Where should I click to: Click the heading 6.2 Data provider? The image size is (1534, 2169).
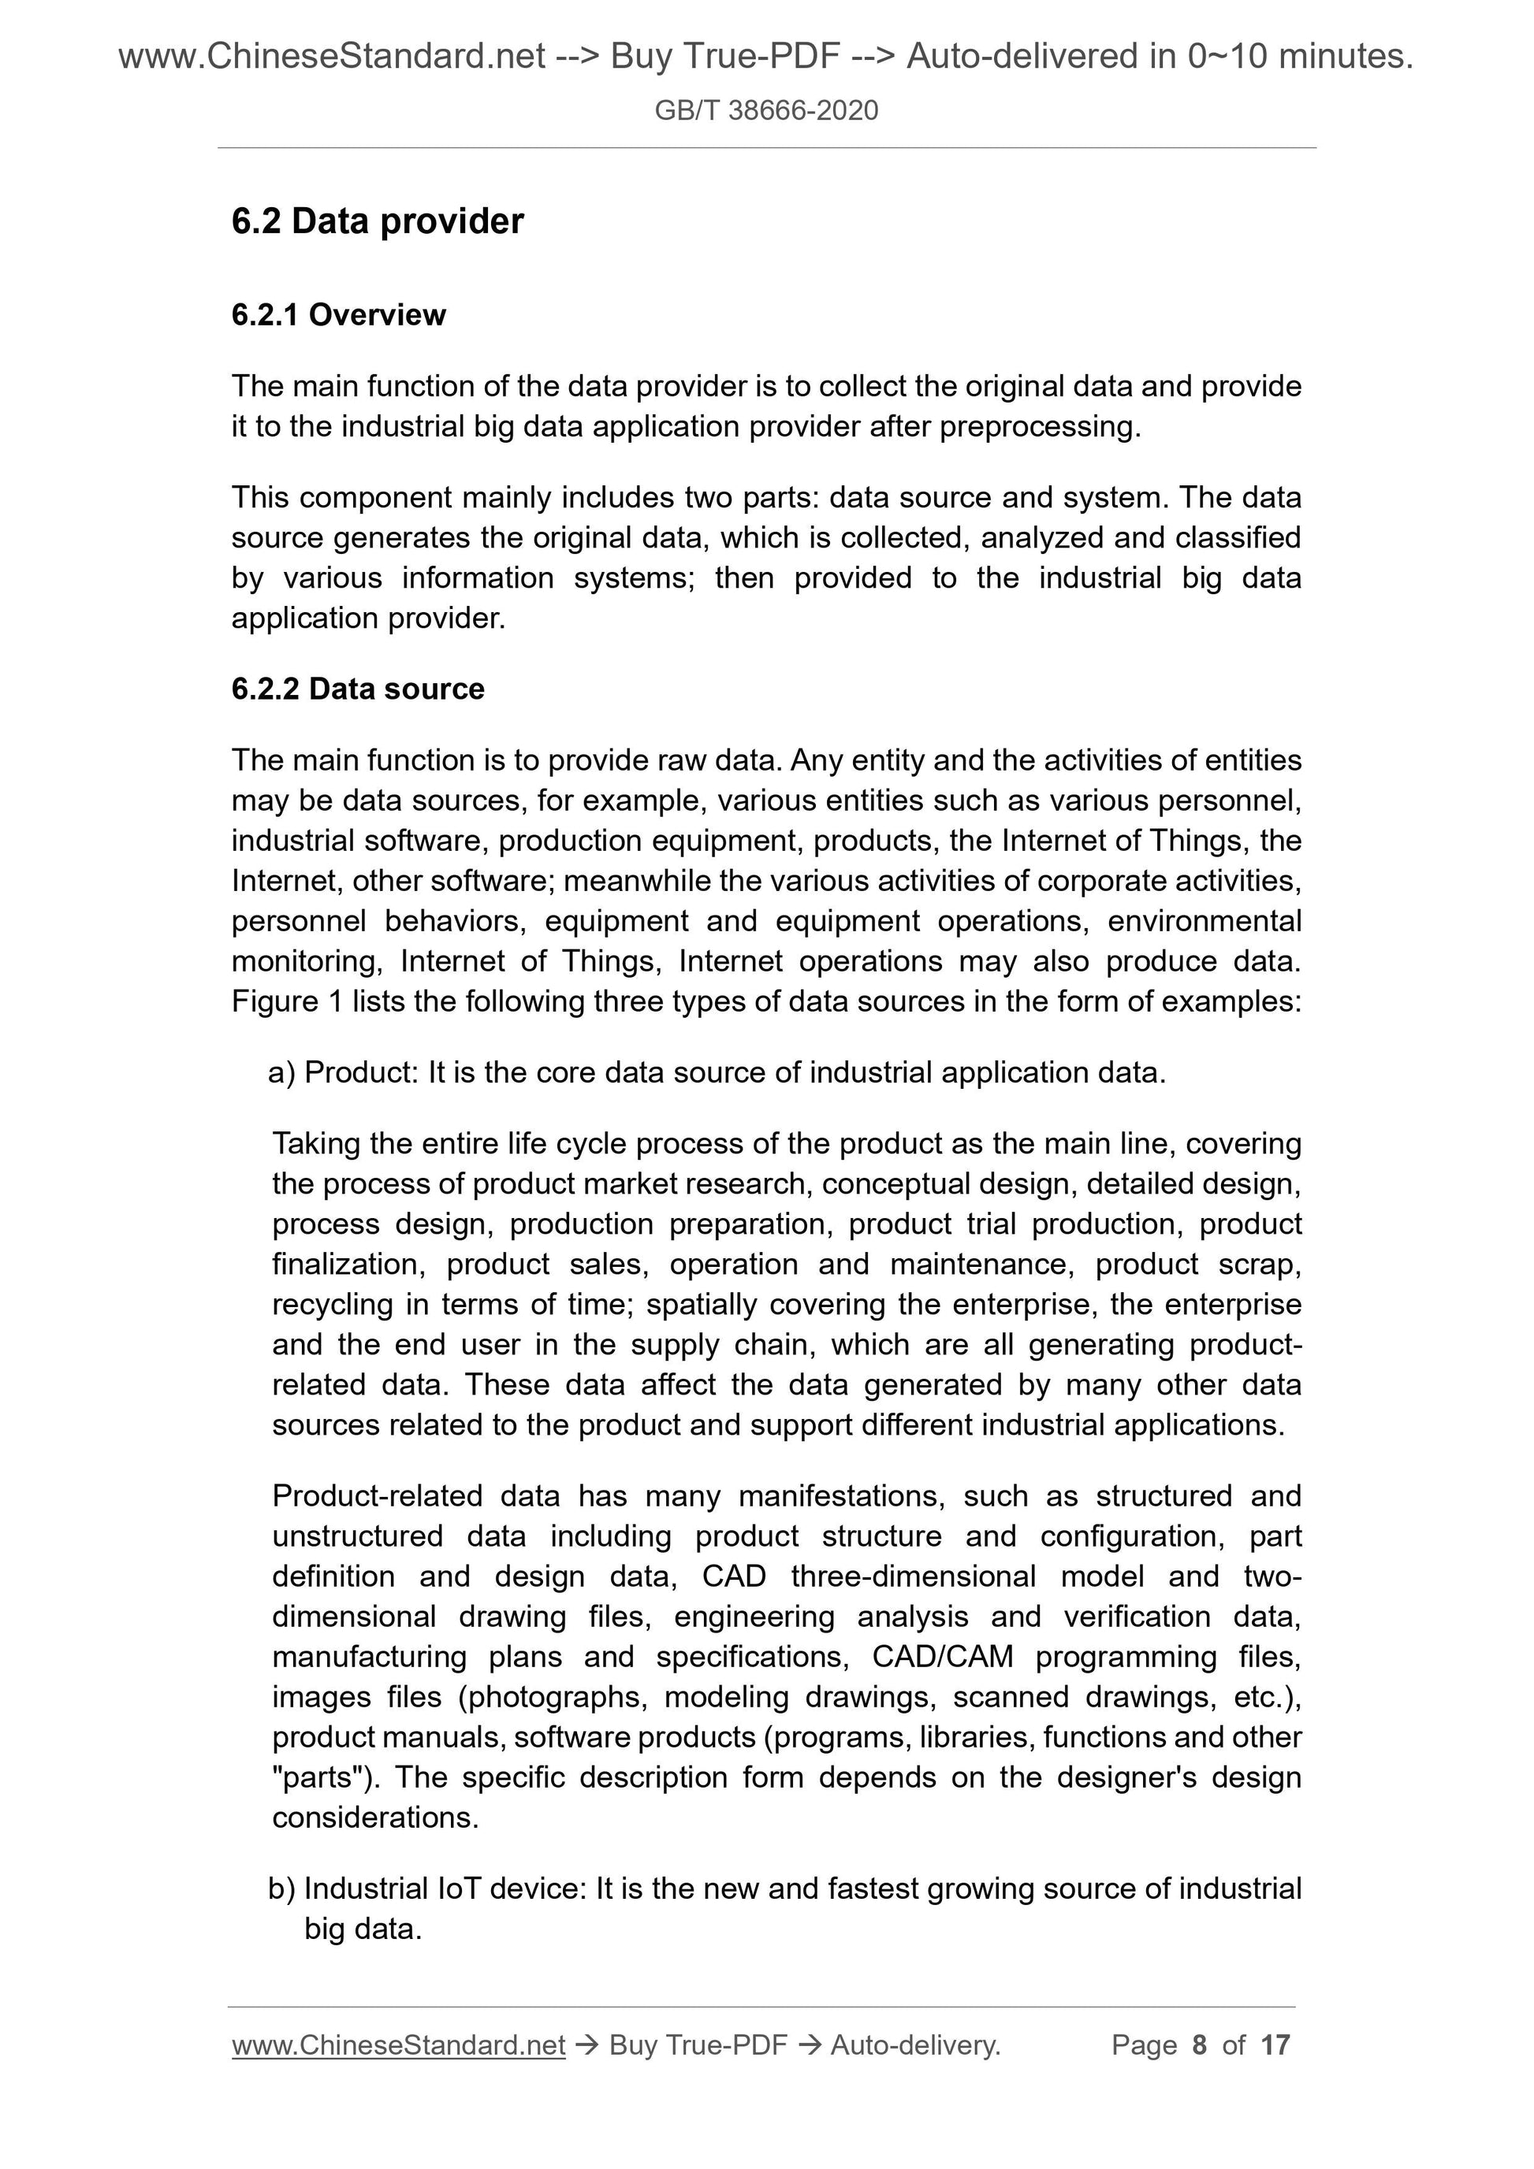(x=377, y=221)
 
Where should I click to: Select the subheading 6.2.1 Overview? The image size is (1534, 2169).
(x=338, y=314)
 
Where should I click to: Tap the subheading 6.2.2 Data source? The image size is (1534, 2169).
(x=357, y=689)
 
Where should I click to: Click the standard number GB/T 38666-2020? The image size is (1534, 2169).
(x=766, y=110)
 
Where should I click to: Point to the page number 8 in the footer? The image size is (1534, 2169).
(x=1200, y=2045)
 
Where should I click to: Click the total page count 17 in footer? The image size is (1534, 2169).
(x=1275, y=2045)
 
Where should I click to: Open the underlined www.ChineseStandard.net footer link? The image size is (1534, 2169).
(x=398, y=2045)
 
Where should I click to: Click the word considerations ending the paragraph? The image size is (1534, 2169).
(x=375, y=1818)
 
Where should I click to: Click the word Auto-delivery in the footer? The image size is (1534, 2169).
(x=915, y=2045)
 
